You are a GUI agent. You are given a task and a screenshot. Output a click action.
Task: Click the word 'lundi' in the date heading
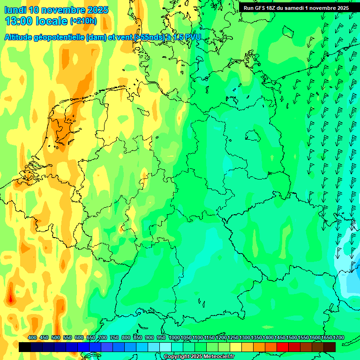[x=15, y=10]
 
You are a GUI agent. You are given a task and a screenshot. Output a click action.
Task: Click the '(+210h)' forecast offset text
[x=83, y=21]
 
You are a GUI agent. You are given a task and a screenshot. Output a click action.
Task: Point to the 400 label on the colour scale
[x=32, y=337]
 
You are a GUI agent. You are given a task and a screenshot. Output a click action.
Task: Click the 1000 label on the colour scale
[x=174, y=337]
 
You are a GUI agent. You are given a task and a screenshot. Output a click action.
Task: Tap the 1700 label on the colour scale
[x=326, y=337]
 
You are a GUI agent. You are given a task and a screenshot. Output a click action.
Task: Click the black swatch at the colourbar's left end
[x=25, y=347]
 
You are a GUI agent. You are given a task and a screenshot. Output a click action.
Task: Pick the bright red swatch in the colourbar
[x=283, y=347]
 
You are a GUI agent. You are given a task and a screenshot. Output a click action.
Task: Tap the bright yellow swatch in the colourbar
[x=236, y=347]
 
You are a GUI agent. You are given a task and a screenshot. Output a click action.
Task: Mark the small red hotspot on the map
[x=10, y=298]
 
